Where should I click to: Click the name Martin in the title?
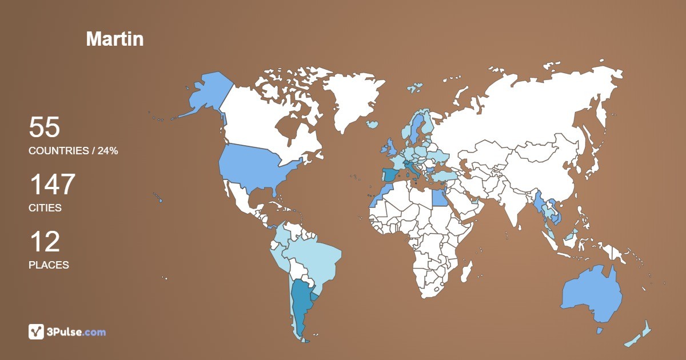(x=114, y=39)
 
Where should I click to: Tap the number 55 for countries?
(x=44, y=127)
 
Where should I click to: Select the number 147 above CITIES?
(x=52, y=185)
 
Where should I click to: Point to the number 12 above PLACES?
(x=44, y=242)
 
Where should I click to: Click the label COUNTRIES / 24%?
(x=73, y=151)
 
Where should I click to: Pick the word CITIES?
(x=45, y=208)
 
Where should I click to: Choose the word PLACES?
(x=49, y=265)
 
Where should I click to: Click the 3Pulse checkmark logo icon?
(x=37, y=331)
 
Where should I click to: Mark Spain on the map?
(x=391, y=175)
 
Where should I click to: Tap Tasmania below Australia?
(x=600, y=331)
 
